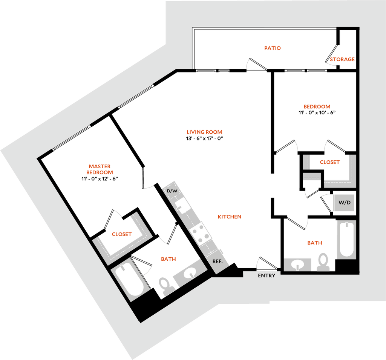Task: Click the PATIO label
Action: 272,48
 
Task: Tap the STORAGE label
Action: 342,59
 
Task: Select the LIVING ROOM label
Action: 204,132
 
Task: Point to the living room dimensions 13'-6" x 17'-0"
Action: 204,138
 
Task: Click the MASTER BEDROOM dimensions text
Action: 100,178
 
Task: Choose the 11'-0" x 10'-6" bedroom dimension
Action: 317,112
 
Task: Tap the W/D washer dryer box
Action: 345,203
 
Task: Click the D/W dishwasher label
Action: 172,191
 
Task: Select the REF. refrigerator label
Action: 218,262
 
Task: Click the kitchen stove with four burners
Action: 201,234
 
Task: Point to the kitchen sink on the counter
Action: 182,206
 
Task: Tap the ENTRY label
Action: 267,276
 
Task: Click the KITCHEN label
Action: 230,217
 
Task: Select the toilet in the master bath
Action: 166,286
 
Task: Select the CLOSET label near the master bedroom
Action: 122,234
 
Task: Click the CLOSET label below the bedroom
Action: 329,162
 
